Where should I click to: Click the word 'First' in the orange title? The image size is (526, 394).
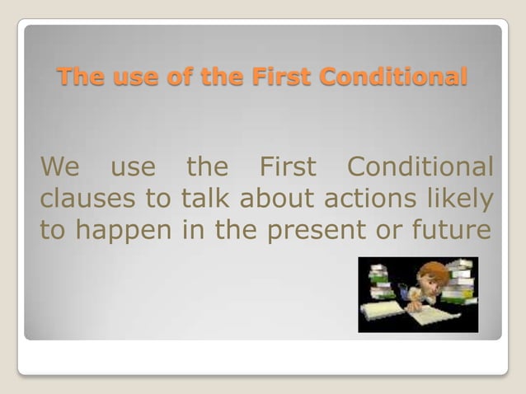click(x=286, y=77)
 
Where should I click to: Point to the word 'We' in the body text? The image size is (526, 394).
click(x=59, y=167)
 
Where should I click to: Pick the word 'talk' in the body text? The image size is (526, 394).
click(x=203, y=199)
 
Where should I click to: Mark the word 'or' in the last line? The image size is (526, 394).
click(x=396, y=231)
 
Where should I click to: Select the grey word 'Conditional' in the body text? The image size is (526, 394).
click(x=420, y=167)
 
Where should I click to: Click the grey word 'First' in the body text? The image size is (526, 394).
click(x=288, y=167)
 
